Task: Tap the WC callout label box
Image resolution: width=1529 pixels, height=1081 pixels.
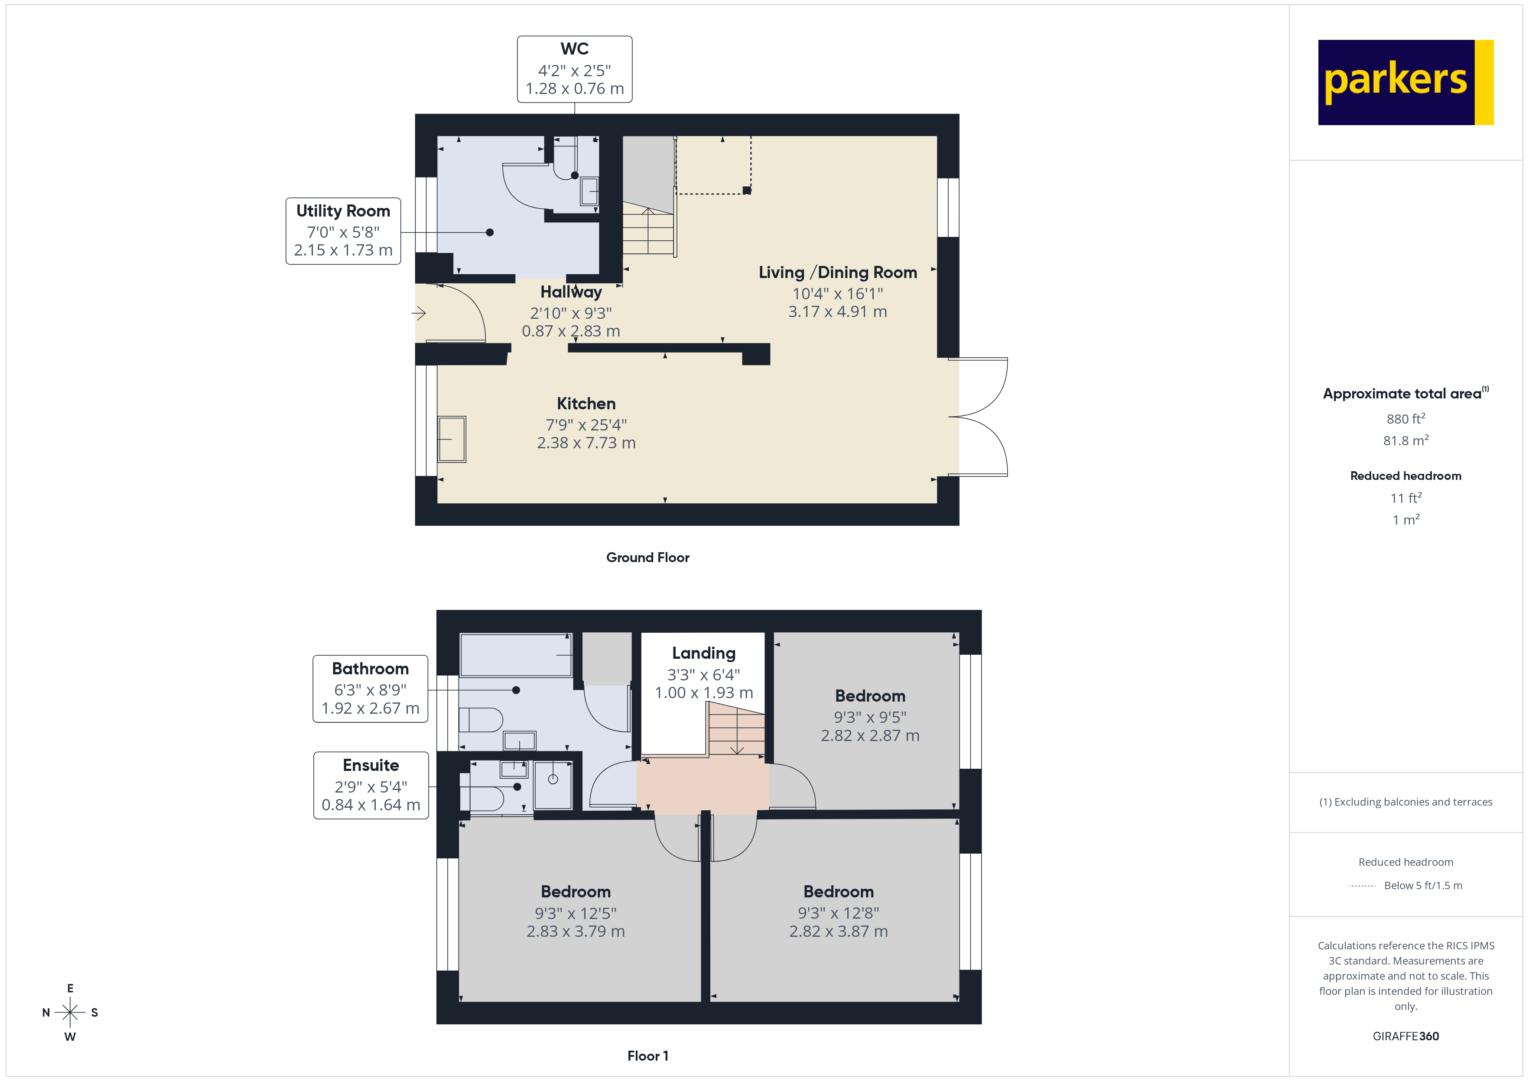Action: [x=574, y=69]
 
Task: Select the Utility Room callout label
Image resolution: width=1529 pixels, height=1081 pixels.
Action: [x=343, y=230]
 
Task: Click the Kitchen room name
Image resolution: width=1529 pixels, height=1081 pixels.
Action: [x=586, y=403]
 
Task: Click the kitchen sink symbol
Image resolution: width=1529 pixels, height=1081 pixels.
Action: [x=452, y=439]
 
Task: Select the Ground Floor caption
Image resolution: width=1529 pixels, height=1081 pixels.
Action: [x=647, y=557]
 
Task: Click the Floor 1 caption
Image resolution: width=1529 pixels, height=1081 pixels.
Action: [x=647, y=1056]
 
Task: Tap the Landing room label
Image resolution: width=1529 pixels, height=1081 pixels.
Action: [x=703, y=653]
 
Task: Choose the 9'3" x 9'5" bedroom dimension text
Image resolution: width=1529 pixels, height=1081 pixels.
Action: [x=870, y=717]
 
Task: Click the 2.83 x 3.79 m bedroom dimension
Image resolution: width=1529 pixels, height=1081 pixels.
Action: [x=576, y=931]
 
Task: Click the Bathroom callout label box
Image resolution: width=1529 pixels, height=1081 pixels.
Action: [x=370, y=688]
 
